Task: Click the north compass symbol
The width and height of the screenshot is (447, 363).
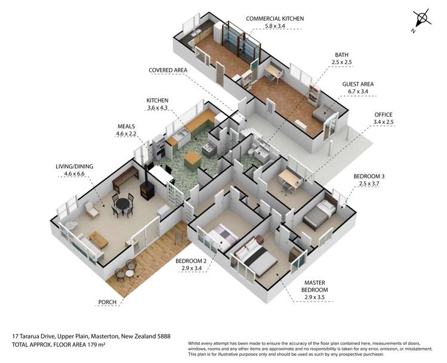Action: [x=421, y=19]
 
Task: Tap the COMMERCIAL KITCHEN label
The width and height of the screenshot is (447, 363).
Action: [x=275, y=18]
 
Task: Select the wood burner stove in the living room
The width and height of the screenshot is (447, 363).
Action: [x=147, y=191]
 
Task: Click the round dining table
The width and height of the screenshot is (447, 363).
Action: [x=123, y=204]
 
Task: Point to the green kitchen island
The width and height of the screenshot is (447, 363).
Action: [x=192, y=161]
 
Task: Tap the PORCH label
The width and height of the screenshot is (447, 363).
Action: [x=107, y=302]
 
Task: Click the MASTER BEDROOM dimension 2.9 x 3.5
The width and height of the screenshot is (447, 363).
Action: [x=315, y=297]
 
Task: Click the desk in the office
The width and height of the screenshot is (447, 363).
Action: [x=291, y=178]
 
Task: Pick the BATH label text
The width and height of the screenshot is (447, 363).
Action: [x=341, y=55]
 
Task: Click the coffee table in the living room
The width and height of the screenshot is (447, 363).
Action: [x=98, y=240]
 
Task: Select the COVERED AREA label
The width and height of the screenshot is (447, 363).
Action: [x=168, y=70]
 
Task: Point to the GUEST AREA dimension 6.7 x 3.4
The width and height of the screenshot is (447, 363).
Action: [x=357, y=91]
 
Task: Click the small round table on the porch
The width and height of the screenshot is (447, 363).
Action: [x=130, y=274]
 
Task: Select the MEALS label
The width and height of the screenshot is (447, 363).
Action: [x=126, y=126]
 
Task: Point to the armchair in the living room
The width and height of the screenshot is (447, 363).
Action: [x=91, y=210]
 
